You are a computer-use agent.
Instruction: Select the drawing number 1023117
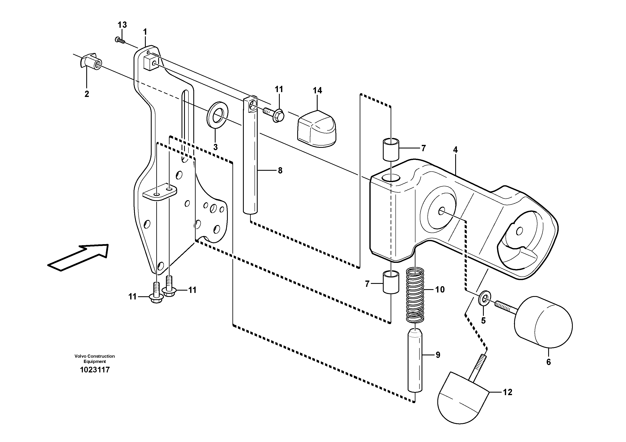tap(95, 370)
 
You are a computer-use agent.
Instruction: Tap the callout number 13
tap(122, 25)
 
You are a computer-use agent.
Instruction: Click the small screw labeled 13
tap(119, 40)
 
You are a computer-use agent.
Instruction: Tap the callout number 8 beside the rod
tap(280, 171)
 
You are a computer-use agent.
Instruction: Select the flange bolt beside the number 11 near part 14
tap(274, 115)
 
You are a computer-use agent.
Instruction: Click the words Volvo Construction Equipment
tap(95, 359)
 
